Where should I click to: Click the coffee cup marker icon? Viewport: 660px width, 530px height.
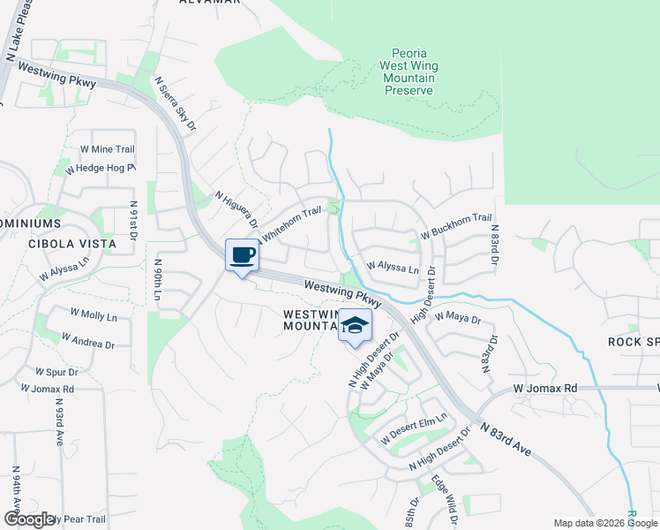pyautogui.click(x=242, y=256)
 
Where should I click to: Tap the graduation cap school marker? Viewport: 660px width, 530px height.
pyautogui.click(x=355, y=326)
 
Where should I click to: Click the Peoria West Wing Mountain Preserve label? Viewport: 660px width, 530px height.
pyautogui.click(x=409, y=72)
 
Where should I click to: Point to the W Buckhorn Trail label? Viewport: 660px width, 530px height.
pyautogui.click(x=456, y=226)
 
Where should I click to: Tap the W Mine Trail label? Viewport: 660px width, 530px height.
pyautogui.click(x=107, y=149)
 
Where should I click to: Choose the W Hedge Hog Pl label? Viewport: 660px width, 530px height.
pyautogui.click(x=105, y=167)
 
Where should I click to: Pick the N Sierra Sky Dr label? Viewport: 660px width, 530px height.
pyautogui.click(x=175, y=103)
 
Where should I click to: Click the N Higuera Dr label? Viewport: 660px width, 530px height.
pyautogui.click(x=236, y=210)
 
